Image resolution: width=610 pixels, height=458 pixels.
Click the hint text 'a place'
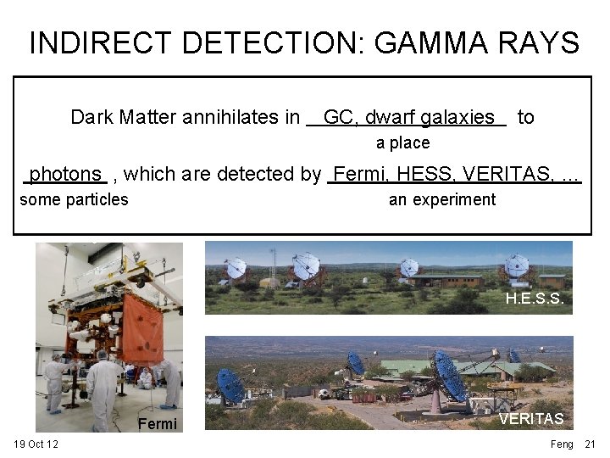pos(402,142)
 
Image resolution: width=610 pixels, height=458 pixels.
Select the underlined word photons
pos(65,175)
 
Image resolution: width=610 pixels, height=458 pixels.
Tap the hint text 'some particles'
pos(74,199)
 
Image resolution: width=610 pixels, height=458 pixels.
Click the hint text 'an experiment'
pos(441,199)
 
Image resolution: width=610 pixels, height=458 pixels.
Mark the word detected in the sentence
pos(276,175)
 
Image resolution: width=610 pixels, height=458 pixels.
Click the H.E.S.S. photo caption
pos(534,299)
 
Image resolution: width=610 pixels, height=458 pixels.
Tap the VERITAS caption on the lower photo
pos(530,419)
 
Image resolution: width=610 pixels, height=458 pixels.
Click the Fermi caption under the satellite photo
pos(158,423)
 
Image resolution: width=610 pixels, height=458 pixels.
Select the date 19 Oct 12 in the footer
pos(36,444)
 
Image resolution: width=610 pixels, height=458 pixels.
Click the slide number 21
pos(591,444)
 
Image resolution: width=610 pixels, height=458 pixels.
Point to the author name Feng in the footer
pos(562,444)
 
